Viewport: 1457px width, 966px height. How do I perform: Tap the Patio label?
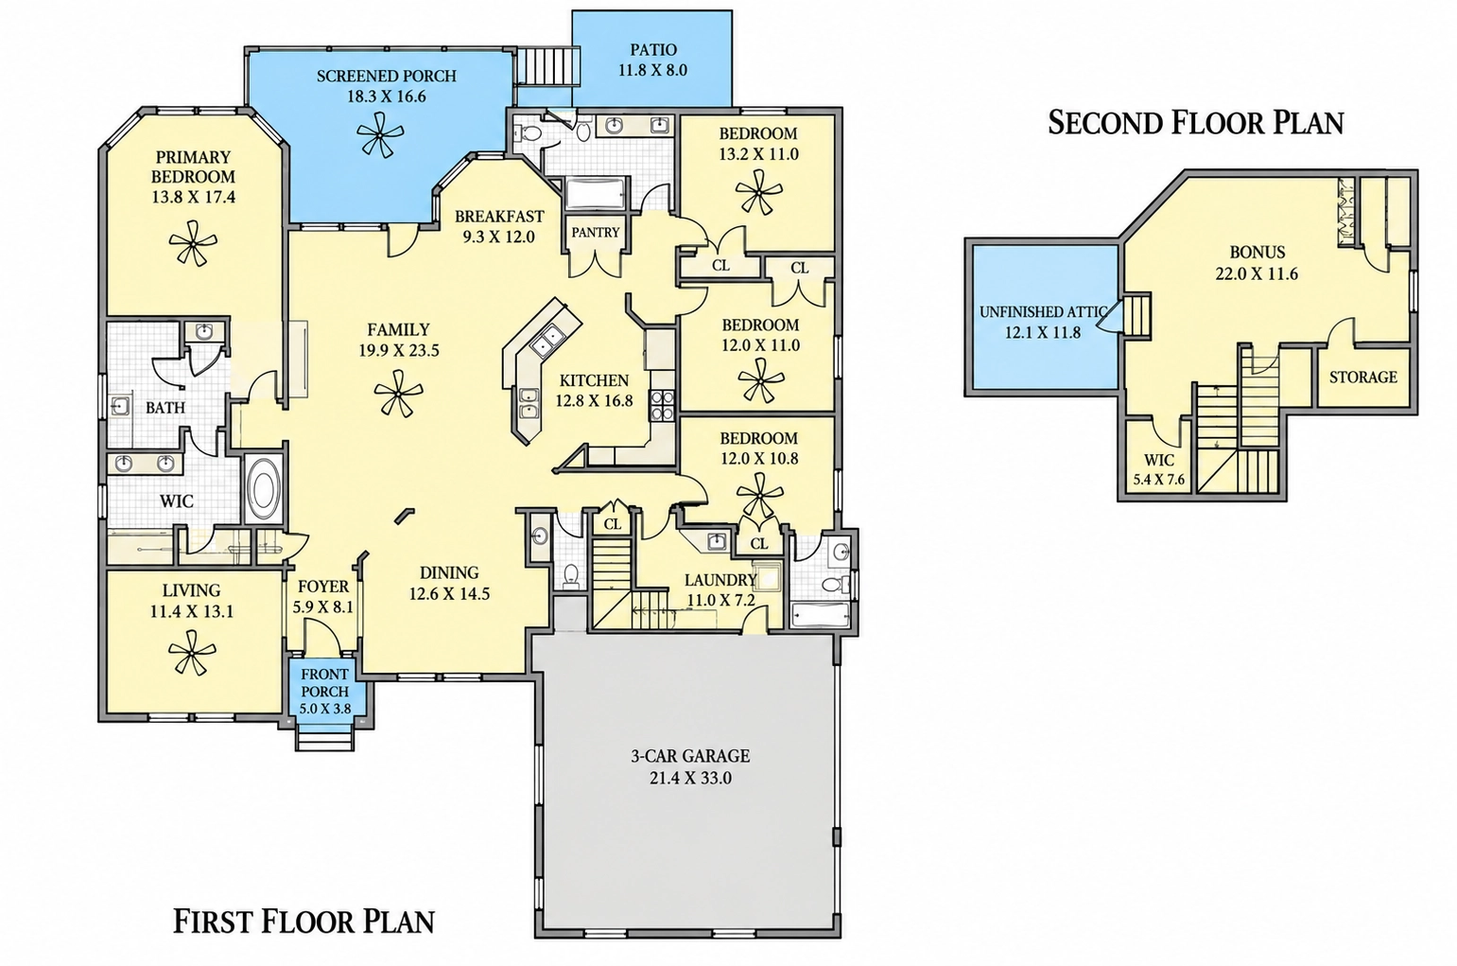click(x=653, y=49)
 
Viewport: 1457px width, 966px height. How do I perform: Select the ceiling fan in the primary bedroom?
click(x=193, y=243)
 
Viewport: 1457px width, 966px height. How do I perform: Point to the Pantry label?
click(x=595, y=233)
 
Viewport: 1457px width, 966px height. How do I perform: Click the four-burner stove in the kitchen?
click(x=663, y=405)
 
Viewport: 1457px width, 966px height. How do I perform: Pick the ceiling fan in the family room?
click(x=398, y=394)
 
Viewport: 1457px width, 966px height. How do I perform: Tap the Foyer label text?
click(x=323, y=587)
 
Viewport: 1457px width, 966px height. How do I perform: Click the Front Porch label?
click(x=324, y=683)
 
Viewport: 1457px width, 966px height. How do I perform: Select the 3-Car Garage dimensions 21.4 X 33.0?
click(x=690, y=778)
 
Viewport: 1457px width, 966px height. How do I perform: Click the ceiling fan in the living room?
click(x=192, y=652)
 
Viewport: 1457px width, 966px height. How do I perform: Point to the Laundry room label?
click(x=720, y=580)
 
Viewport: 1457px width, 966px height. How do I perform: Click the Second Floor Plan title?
click(x=1195, y=123)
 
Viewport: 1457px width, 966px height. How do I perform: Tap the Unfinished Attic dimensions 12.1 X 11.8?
click(x=1043, y=333)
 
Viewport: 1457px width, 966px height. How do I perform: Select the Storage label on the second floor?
click(x=1363, y=377)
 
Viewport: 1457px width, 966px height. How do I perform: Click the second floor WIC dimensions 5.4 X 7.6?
click(x=1159, y=481)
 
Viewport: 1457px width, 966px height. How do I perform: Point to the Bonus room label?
click(x=1258, y=252)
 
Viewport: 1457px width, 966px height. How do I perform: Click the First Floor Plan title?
click(x=304, y=922)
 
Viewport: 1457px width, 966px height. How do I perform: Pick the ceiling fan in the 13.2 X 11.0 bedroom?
click(x=758, y=192)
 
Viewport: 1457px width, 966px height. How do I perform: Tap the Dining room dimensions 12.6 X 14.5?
click(x=449, y=593)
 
